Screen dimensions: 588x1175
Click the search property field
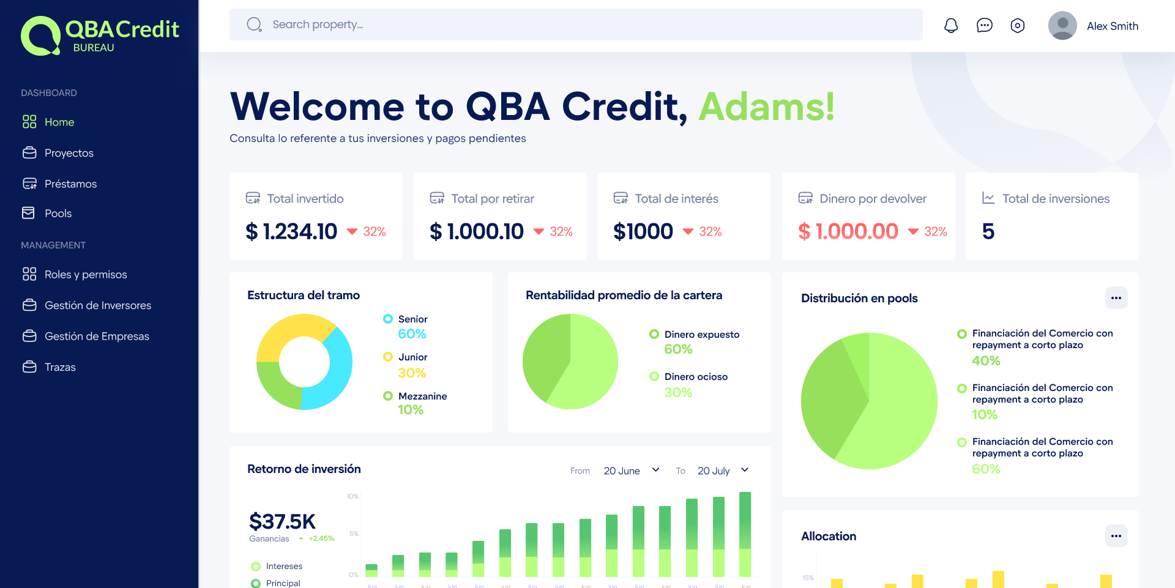575,24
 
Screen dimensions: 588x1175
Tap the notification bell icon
951,26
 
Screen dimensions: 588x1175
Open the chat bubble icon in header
984,26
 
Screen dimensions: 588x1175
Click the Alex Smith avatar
1062,26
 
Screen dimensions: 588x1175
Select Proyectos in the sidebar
69,153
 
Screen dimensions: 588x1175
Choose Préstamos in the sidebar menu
70,184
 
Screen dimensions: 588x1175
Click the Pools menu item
58,214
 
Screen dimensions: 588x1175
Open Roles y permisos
85,275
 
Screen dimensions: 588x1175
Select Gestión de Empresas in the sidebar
97,337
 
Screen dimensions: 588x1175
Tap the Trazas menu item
60,367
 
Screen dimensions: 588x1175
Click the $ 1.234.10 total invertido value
291,231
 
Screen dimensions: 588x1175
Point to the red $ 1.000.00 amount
848,231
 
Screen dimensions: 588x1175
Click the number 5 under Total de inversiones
988,231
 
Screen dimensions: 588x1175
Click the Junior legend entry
412,357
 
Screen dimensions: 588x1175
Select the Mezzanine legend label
422,396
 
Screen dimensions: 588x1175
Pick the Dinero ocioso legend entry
695,377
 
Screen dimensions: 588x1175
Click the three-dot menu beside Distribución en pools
1116,298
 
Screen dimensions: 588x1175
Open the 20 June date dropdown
631,471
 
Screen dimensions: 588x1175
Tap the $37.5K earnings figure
282,521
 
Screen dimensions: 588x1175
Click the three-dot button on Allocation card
1116,536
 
